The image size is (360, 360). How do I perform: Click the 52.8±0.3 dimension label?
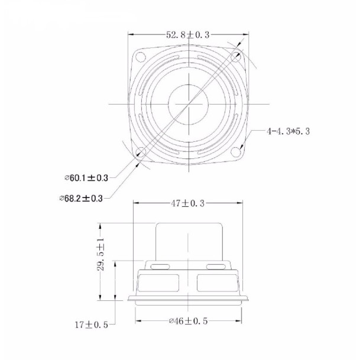coord(188,35)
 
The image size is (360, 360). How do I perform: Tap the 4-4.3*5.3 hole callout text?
coord(288,131)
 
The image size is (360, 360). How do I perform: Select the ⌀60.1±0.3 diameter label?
coord(86,178)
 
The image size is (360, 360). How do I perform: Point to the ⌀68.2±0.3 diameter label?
coord(81,198)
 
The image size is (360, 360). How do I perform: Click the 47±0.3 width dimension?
coord(187,203)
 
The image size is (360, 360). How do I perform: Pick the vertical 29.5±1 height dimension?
coord(100,254)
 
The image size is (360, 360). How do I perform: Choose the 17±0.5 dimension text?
coord(92,325)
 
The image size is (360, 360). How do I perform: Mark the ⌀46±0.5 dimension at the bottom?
coord(188,321)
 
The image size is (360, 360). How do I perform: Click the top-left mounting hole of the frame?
coord(141,57)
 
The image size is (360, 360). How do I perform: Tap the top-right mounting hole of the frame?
coord(235,57)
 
